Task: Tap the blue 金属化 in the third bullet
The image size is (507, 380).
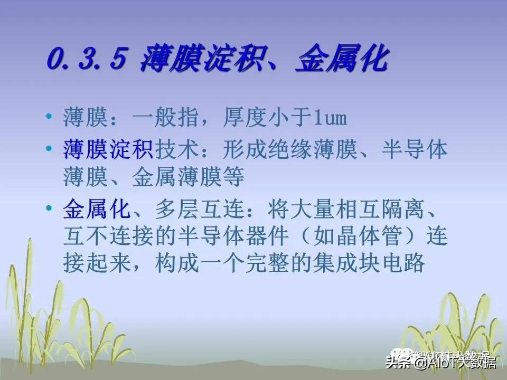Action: (x=96, y=210)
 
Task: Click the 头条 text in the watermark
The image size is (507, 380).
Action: (x=399, y=363)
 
